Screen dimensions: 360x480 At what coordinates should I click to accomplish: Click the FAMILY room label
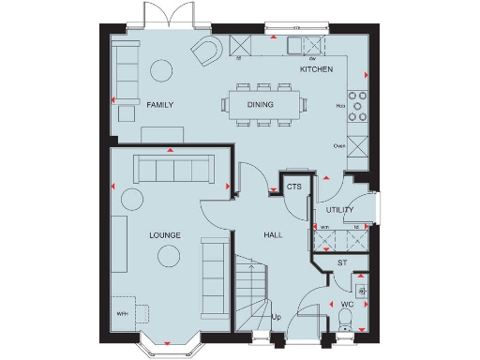tap(161, 106)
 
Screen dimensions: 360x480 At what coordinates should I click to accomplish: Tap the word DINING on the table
tap(261, 106)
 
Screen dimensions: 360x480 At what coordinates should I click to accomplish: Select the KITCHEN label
tap(316, 70)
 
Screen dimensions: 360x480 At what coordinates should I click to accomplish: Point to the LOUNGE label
tap(164, 234)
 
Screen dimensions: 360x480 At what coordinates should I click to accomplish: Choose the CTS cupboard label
tap(293, 187)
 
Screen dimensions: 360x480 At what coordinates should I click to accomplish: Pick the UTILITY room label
tap(340, 210)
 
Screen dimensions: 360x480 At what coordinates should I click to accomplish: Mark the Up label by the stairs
tap(276, 317)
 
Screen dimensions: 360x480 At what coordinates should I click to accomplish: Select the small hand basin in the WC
tap(362, 290)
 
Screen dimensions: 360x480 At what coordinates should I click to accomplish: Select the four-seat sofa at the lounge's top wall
tap(174, 169)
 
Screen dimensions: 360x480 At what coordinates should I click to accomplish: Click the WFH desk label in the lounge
tap(122, 313)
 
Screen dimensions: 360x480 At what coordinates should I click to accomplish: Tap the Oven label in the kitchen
tap(339, 146)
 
